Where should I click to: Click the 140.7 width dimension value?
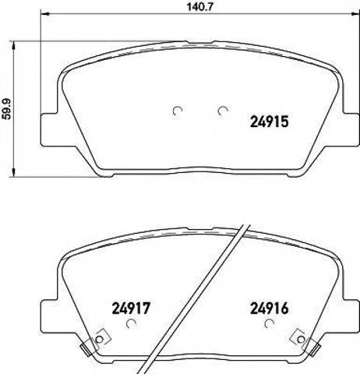[x=199, y=6]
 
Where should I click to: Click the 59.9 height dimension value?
[x=7, y=109]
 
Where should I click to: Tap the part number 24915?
[x=269, y=122]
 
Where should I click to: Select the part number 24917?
[x=131, y=309]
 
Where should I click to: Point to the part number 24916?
[x=269, y=309]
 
